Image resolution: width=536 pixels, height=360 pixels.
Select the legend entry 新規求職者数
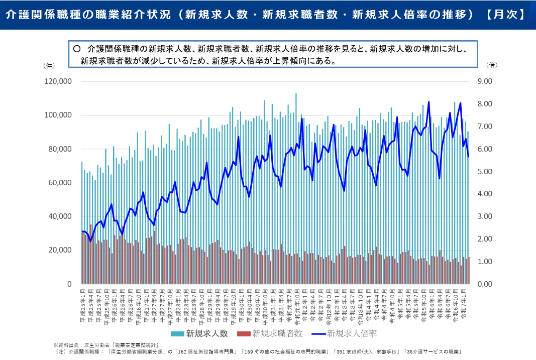pos(277,333)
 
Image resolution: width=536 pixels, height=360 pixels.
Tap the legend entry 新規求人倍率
pos(352,333)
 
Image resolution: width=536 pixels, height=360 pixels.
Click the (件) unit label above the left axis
pos(49,65)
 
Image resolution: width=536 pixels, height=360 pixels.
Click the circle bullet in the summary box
pos(77,49)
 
